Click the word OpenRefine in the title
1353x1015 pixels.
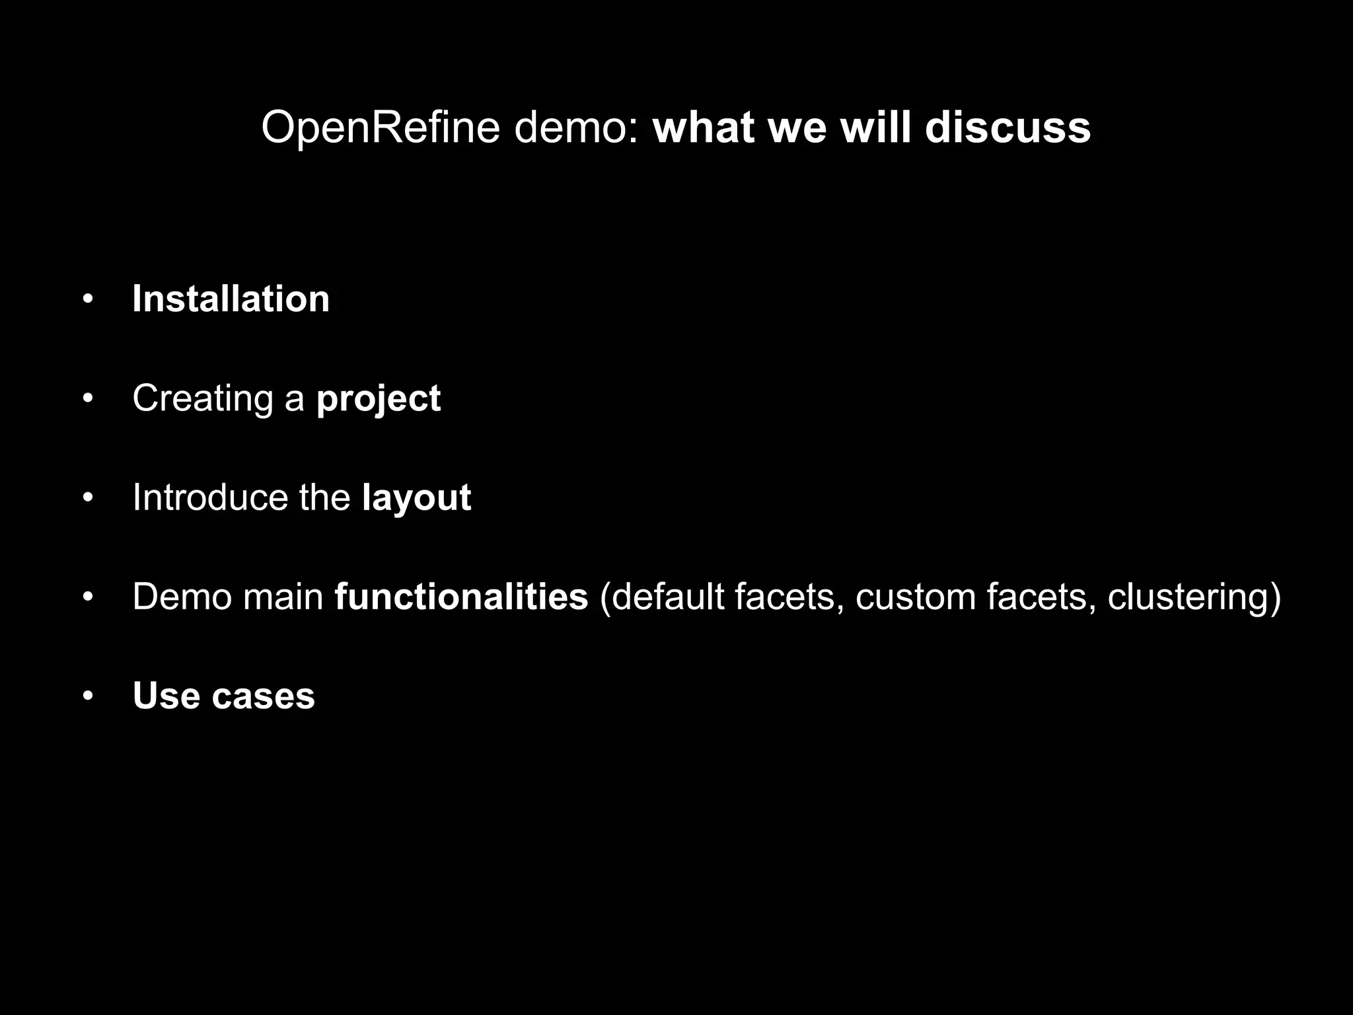[381, 128]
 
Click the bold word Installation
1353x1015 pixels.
[231, 299]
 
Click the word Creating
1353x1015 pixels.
[202, 398]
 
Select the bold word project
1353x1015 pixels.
[378, 398]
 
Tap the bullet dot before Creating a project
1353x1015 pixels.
[88, 399]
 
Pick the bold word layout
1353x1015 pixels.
[416, 498]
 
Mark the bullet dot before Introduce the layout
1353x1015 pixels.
[88, 498]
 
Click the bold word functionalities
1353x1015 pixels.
[461, 597]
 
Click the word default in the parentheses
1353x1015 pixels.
[667, 597]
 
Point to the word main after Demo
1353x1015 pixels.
[283, 597]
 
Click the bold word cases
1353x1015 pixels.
[263, 696]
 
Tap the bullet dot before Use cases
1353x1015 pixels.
[88, 696]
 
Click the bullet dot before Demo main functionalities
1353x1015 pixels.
[88, 597]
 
